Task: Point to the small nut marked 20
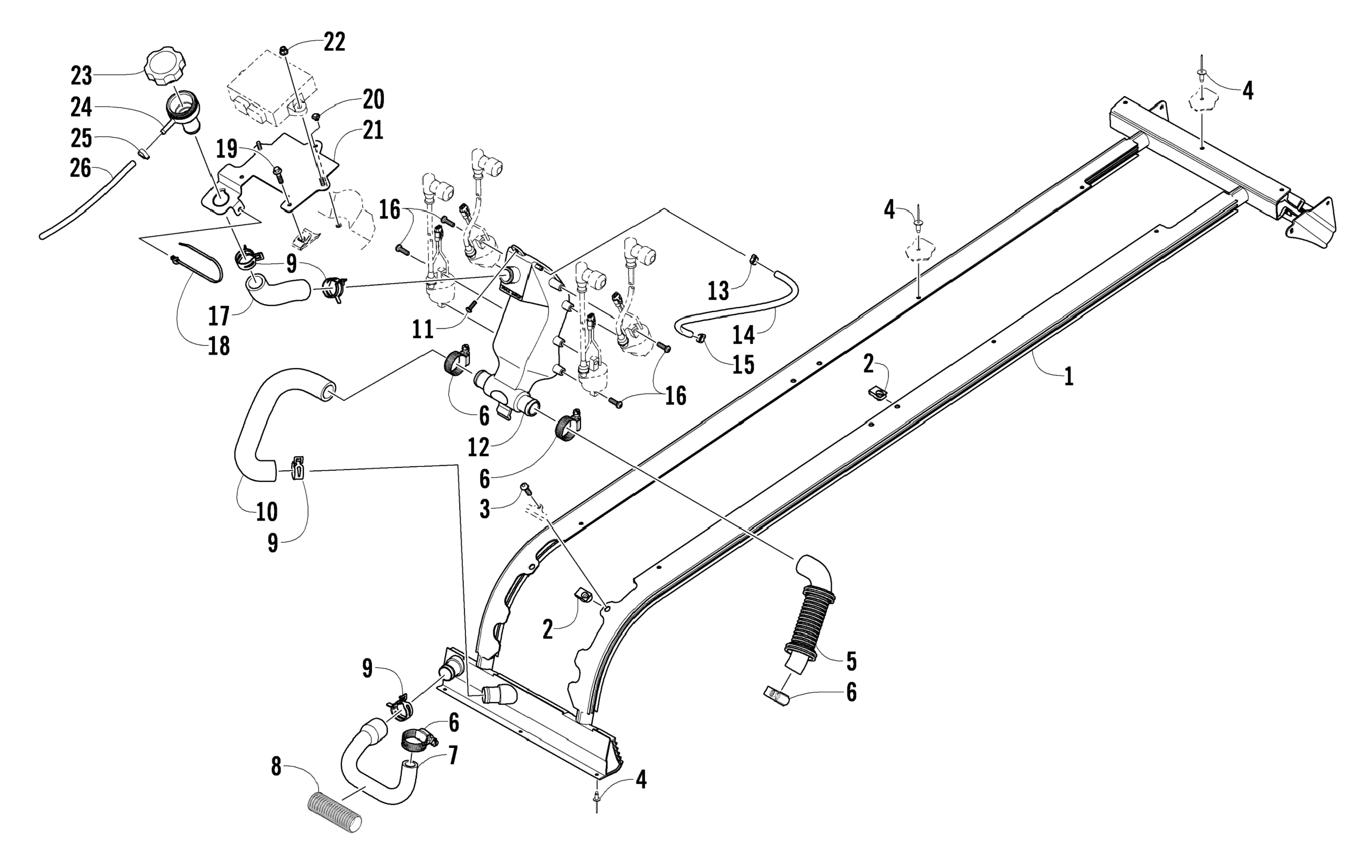click(316, 116)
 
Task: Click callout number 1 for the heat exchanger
click(1069, 376)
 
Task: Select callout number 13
click(718, 290)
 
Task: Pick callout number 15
click(744, 364)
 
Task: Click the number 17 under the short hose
click(219, 316)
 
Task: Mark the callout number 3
click(485, 509)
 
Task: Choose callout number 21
click(373, 130)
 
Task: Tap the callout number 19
click(227, 150)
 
